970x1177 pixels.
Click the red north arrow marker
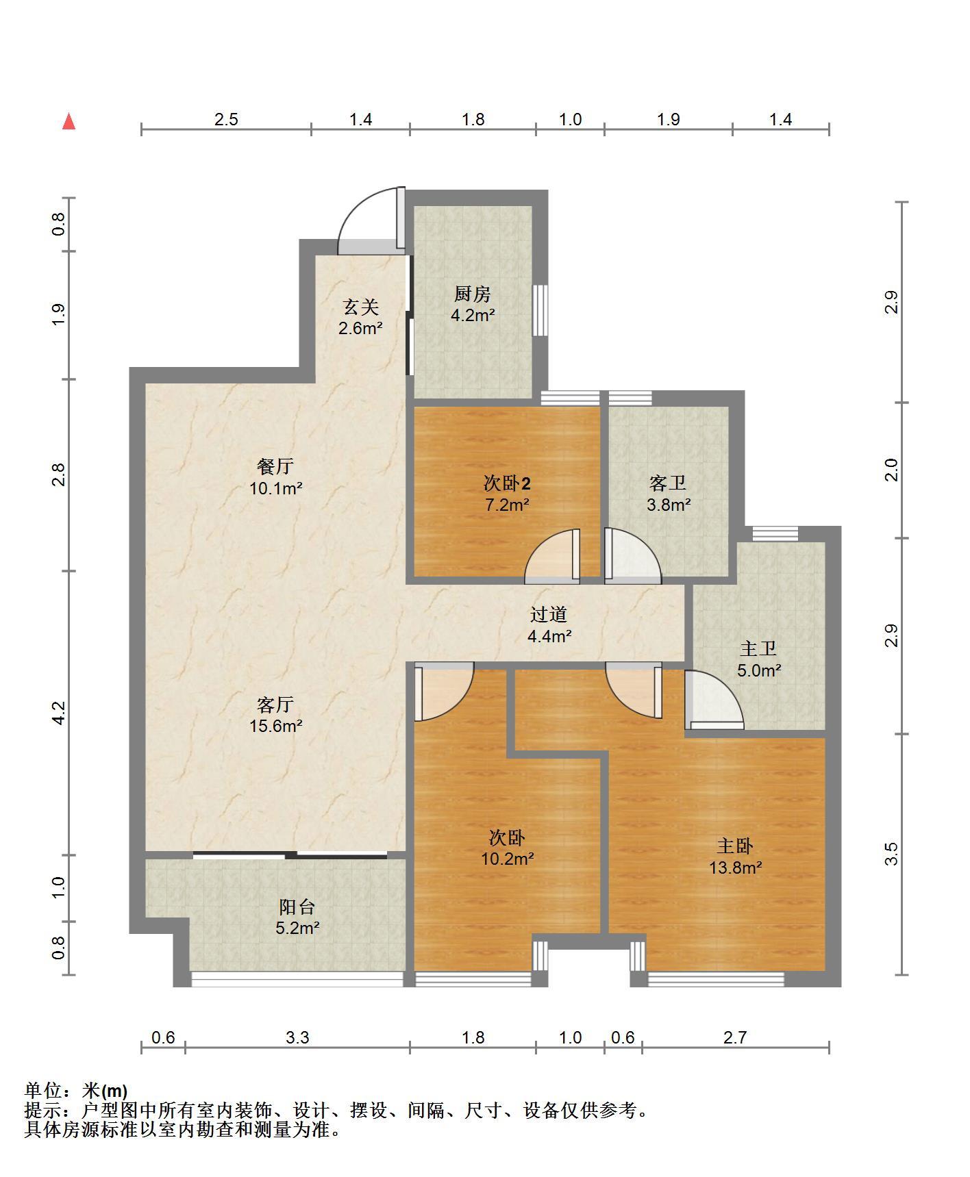coord(69,121)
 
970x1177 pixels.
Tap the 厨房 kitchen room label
coord(473,294)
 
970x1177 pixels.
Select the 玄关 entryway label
coord(360,307)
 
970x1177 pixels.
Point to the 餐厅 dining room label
coord(275,466)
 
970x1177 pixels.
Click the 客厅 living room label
coord(275,704)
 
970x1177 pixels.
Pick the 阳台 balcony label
coord(297,907)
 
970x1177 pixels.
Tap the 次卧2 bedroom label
coord(507,483)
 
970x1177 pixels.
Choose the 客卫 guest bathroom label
coord(668,483)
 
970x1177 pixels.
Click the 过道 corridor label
coord(549,614)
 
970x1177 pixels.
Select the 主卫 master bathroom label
coord(758,648)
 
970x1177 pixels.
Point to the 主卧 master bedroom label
coord(735,846)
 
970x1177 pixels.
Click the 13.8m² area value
coord(736,868)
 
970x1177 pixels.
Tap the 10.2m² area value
coord(508,858)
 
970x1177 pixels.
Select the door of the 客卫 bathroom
coord(633,555)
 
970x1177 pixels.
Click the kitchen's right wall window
coord(540,310)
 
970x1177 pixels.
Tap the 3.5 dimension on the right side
coord(891,854)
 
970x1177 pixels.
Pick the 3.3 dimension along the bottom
coord(297,1038)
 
